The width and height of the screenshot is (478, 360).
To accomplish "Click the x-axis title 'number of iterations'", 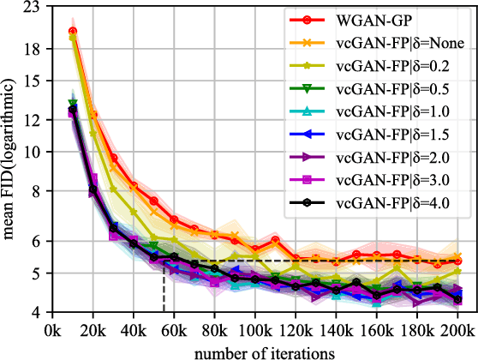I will coord(254,350).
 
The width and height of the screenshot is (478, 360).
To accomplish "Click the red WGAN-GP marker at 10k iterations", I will coord(73,32).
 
